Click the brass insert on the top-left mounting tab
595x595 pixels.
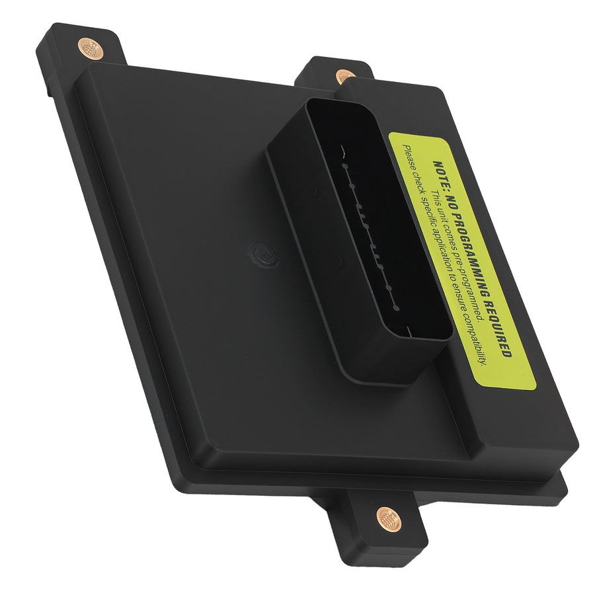click(x=90, y=48)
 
